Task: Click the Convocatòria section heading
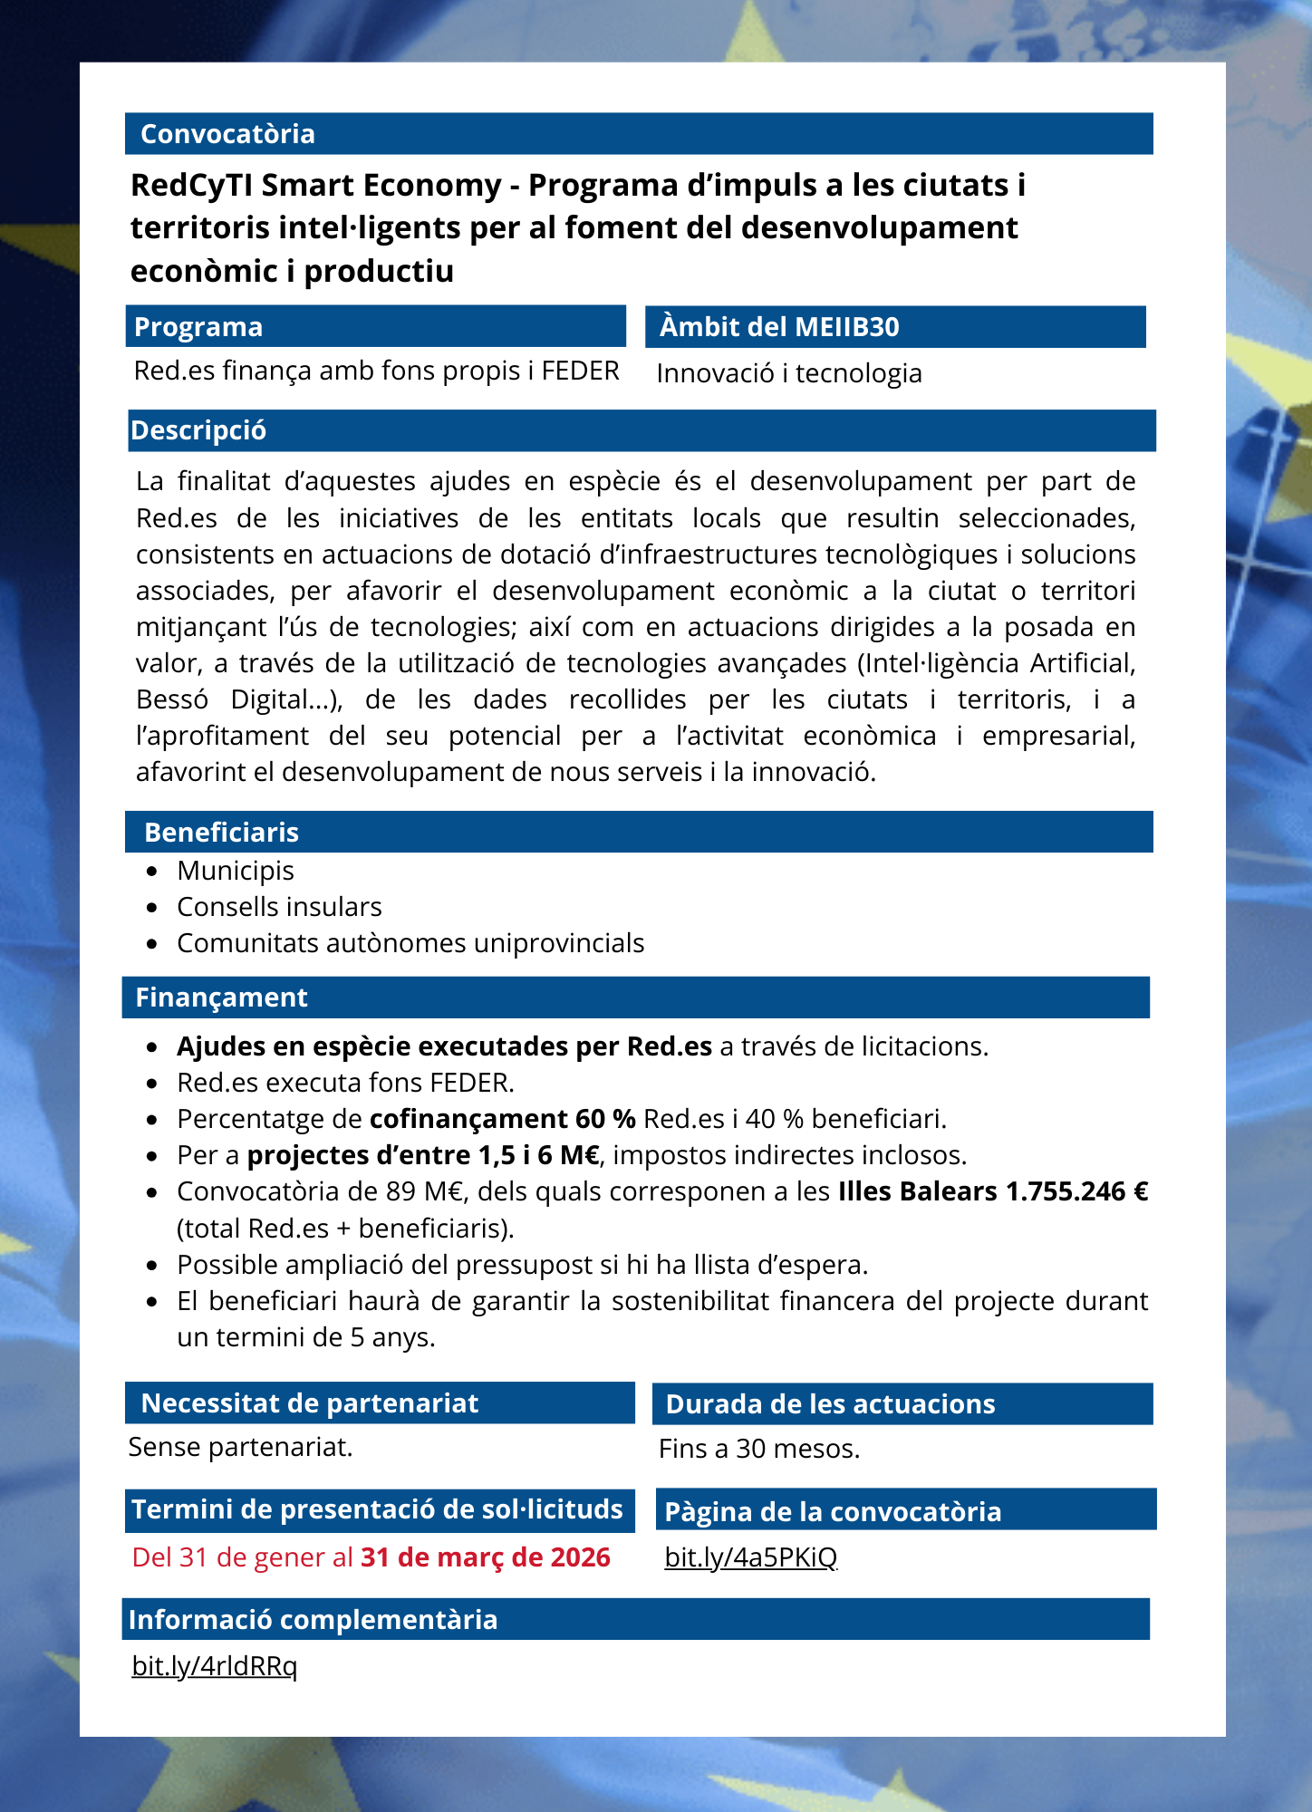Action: pyautogui.click(x=227, y=134)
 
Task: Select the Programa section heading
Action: pyautogui.click(x=198, y=327)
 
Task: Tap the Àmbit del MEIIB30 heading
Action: pyautogui.click(x=779, y=327)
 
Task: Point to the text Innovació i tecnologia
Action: pyautogui.click(x=789, y=373)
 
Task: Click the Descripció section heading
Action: pyautogui.click(x=198, y=430)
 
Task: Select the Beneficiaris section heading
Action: pyautogui.click(x=221, y=833)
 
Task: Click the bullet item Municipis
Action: pyautogui.click(x=236, y=871)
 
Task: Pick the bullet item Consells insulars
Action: pyautogui.click(x=279, y=907)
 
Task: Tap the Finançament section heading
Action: pyautogui.click(x=221, y=998)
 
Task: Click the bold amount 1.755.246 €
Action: pyautogui.click(x=1076, y=1191)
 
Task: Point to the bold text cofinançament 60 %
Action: pyautogui.click(x=502, y=1119)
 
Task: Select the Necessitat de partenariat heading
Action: pyautogui.click(x=310, y=1403)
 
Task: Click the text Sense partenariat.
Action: pyautogui.click(x=240, y=1447)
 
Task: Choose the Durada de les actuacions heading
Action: pyautogui.click(x=830, y=1404)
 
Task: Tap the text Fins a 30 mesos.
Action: pyautogui.click(x=759, y=1449)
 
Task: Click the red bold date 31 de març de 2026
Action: pyautogui.click(x=486, y=1557)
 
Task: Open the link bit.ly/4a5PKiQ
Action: pyautogui.click(x=751, y=1557)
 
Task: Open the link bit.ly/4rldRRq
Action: pyautogui.click(x=215, y=1665)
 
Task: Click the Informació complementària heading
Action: pyautogui.click(x=313, y=1620)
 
